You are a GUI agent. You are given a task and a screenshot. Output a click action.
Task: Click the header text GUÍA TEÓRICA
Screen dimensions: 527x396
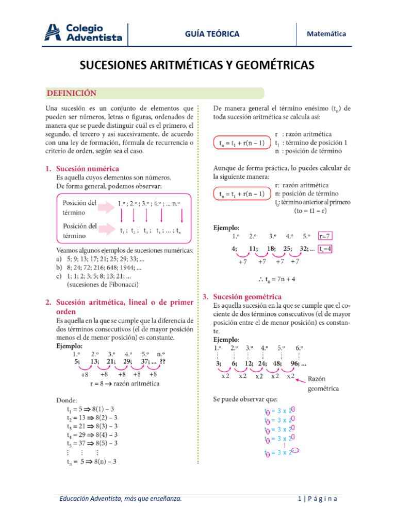coord(212,34)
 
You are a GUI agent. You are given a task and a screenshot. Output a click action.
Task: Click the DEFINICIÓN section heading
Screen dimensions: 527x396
coord(72,93)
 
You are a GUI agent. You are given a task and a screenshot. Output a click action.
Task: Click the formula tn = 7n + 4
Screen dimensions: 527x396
coord(276,279)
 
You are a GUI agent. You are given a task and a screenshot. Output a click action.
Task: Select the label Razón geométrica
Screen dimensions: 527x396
coord(324,383)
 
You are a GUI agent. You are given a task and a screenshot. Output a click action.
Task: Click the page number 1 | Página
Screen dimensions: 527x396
coord(318,499)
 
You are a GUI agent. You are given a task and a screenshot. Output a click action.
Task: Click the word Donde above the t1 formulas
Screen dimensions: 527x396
coord(67,399)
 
